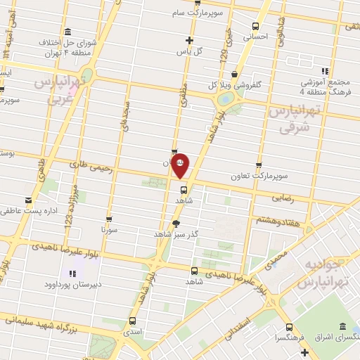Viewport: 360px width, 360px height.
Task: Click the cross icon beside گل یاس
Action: [187, 39]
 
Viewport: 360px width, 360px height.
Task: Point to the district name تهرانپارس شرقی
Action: [294, 120]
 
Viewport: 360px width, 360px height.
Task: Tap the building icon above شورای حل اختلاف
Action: [67, 32]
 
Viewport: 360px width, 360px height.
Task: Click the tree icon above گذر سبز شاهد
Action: [174, 223]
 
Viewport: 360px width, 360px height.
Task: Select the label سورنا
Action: [108, 230]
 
